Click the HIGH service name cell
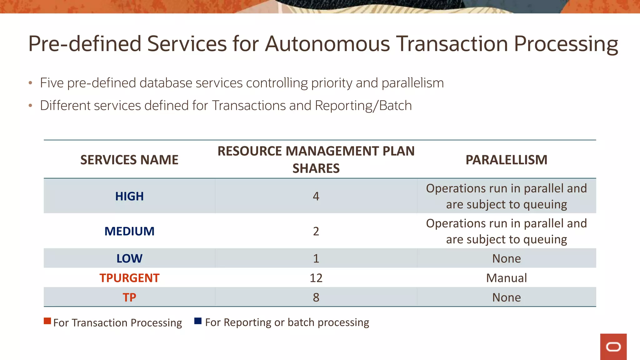tap(129, 196)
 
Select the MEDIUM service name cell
tap(129, 231)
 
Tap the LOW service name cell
tap(129, 258)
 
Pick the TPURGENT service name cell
tap(129, 278)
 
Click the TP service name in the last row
tap(129, 297)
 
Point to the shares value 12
tap(316, 278)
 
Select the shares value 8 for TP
tap(316, 297)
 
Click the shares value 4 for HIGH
tap(316, 196)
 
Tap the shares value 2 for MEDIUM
tap(316, 231)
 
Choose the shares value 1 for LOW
tap(316, 258)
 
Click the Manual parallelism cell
tap(506, 278)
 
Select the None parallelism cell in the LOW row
tap(506, 258)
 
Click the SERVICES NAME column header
tap(129, 160)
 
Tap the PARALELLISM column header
tap(506, 160)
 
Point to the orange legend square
tap(47, 321)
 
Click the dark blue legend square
tap(198, 321)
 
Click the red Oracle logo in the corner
tap(613, 347)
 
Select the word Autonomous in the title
tap(327, 44)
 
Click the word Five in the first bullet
tap(52, 83)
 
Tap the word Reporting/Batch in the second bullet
tap(363, 106)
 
